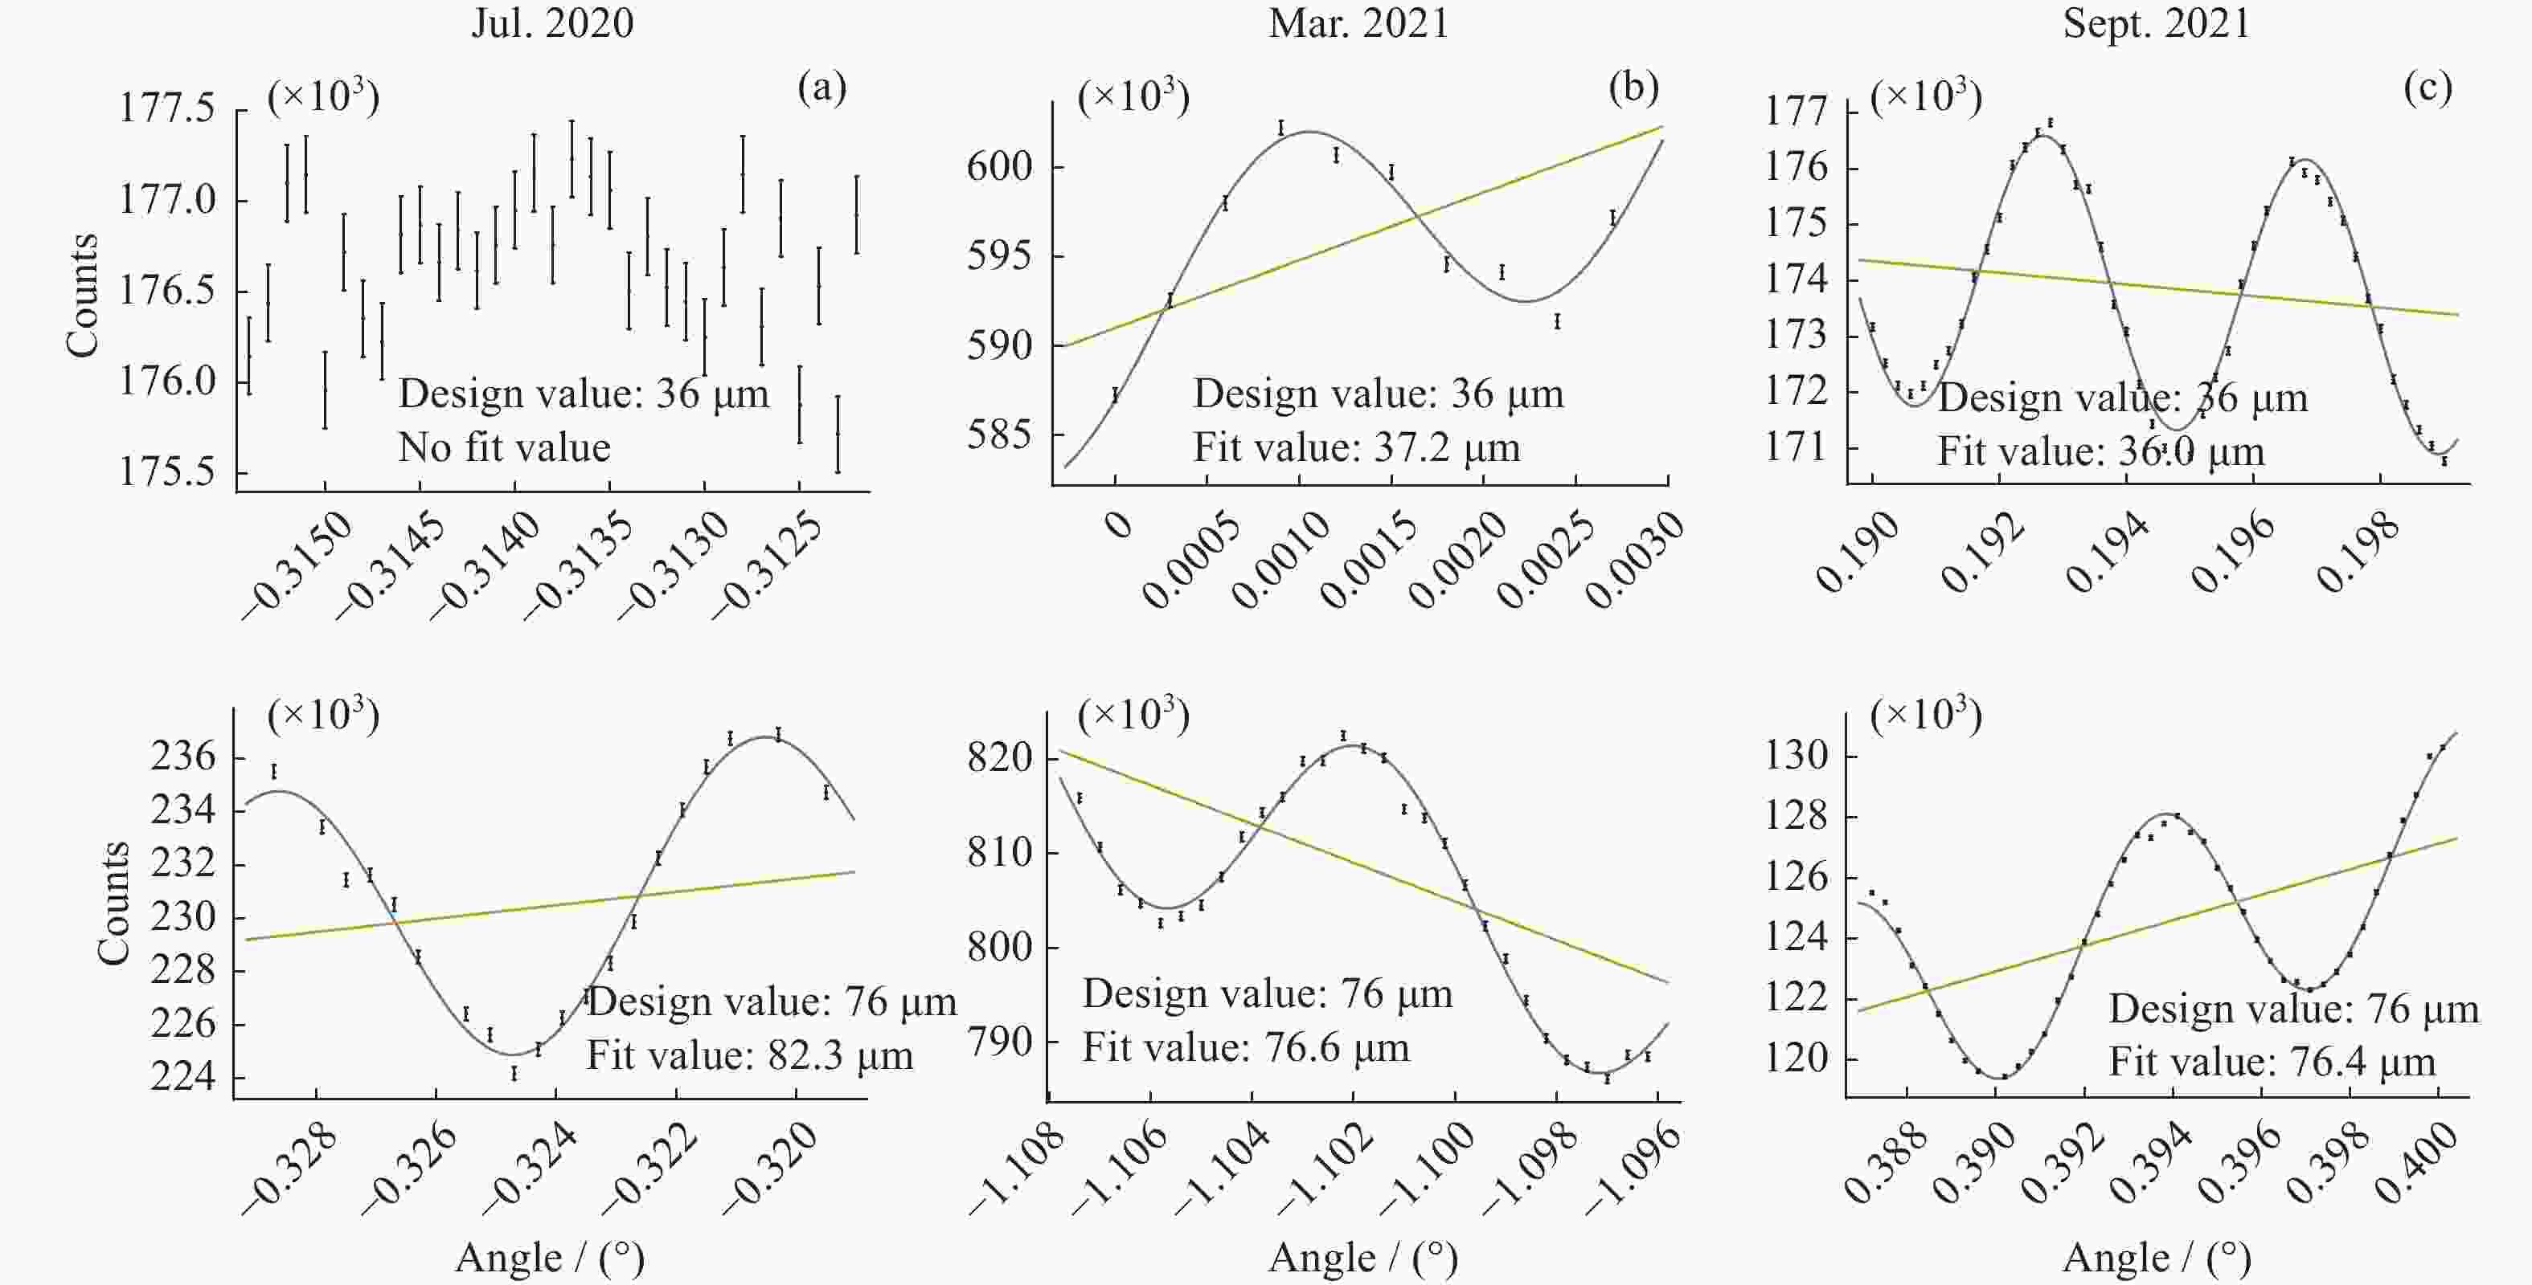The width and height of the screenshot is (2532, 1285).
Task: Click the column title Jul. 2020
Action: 551,23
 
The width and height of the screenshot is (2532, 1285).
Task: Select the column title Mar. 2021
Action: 1358,23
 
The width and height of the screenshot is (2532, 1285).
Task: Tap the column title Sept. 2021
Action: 2156,23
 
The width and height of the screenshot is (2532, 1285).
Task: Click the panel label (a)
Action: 821,88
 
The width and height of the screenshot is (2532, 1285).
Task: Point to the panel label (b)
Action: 1633,88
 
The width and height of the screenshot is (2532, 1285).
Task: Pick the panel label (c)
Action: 2427,88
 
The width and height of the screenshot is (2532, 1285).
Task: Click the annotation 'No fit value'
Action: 504,448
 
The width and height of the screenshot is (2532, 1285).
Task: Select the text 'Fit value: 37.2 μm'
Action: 1357,448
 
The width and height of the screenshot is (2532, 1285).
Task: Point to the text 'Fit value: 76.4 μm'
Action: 2272,1062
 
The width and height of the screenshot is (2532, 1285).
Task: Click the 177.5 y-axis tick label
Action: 167,108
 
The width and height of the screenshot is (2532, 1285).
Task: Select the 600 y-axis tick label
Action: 1000,166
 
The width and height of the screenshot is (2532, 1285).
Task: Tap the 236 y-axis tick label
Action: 182,757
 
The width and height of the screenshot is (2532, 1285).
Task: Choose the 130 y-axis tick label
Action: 1797,756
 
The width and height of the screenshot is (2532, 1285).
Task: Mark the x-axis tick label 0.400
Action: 2419,1166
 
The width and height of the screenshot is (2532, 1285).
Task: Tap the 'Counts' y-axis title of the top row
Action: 83,295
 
